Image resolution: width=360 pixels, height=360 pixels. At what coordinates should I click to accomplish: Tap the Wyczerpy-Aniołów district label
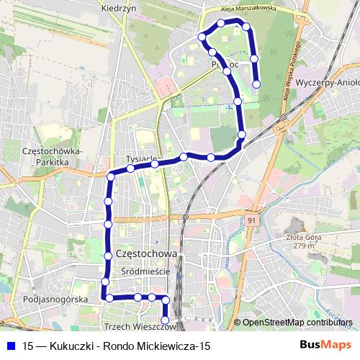(x=328, y=73)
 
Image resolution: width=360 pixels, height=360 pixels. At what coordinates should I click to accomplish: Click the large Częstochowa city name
(x=146, y=254)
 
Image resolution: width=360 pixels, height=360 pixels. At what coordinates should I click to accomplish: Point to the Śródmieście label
(x=145, y=271)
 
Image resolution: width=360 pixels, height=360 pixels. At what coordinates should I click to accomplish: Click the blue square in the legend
(x=9, y=345)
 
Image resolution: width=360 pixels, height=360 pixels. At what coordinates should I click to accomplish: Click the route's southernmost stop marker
(x=165, y=320)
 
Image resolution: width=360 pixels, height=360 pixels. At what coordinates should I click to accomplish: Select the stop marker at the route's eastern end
(x=256, y=85)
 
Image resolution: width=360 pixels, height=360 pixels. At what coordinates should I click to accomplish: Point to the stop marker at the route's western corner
(x=111, y=176)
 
